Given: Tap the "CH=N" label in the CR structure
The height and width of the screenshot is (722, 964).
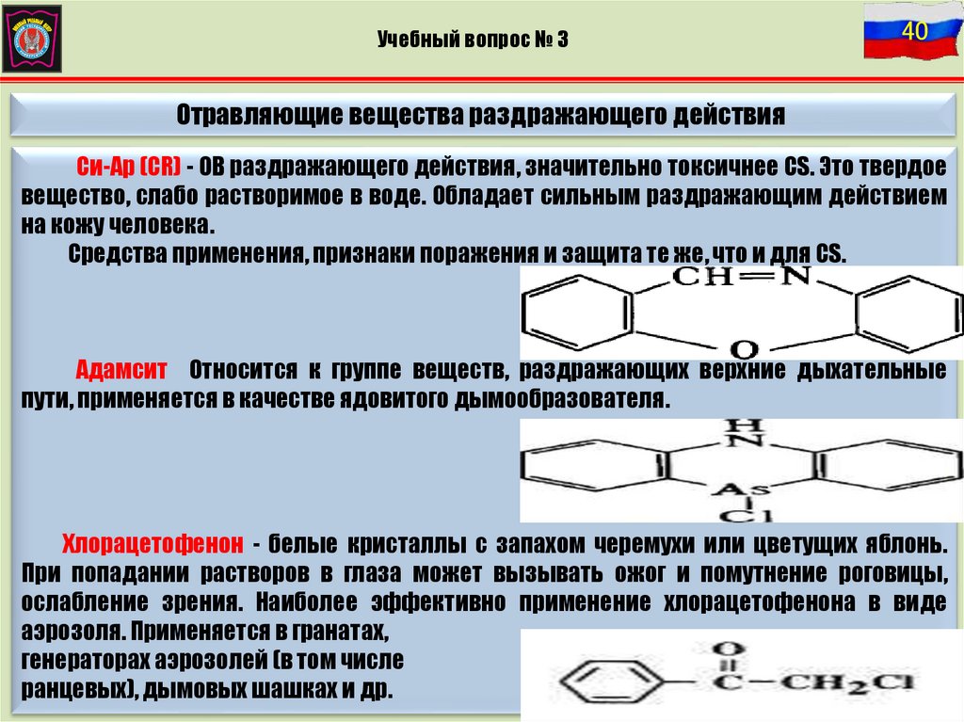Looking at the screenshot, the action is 744,276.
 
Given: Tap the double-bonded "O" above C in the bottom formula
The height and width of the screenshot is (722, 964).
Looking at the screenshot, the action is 724,649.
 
